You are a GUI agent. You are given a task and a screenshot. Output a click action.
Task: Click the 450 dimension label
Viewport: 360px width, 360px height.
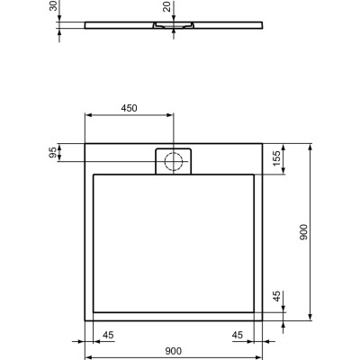129,108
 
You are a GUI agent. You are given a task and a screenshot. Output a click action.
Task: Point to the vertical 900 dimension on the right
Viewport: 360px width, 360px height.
304,231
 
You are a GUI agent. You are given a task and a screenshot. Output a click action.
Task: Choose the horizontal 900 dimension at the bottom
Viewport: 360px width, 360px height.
174,351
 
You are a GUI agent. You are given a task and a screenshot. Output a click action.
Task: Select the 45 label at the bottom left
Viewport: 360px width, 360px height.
107,337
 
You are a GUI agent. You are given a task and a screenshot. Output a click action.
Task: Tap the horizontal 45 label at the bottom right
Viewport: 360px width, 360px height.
239,337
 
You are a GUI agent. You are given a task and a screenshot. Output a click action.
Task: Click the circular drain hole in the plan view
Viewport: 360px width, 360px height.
174,161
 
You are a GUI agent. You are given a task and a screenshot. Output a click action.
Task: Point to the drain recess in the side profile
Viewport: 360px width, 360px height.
174,29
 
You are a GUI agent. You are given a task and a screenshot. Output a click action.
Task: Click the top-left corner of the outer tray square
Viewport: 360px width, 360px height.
85,142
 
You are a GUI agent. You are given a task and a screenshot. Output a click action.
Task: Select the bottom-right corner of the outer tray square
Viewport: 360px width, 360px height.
263,320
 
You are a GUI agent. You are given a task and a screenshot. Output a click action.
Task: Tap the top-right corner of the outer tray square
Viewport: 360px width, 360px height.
263,142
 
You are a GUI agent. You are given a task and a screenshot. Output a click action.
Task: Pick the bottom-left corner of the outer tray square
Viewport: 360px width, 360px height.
85,320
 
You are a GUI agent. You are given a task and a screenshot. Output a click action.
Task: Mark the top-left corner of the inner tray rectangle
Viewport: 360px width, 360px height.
94,173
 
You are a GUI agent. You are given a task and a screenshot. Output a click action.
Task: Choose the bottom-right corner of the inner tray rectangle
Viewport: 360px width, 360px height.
254,311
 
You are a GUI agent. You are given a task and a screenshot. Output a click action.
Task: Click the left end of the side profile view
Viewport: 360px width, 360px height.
84,25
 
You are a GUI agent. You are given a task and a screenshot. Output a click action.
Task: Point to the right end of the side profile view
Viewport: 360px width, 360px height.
263,25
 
